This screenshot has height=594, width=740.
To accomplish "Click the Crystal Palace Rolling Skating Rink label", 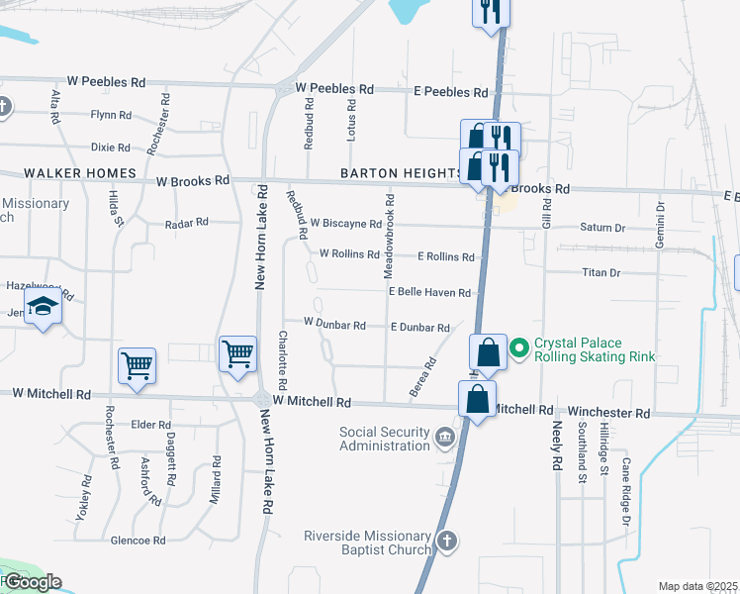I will tap(595, 350).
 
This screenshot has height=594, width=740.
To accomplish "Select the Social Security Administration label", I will tap(385, 439).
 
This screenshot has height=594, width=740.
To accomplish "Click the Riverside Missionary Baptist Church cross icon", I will tap(447, 541).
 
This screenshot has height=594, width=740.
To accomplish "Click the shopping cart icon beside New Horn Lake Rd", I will tap(237, 354).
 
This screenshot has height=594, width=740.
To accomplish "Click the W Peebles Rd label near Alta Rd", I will tap(106, 81).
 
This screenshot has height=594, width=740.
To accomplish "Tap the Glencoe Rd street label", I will tap(138, 541).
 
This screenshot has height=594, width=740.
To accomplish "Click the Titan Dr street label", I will tap(601, 272).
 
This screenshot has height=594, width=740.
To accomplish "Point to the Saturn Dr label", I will tap(602, 228).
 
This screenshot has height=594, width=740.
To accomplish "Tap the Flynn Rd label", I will tap(111, 115).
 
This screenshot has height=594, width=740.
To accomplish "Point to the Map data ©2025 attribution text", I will tap(697, 586).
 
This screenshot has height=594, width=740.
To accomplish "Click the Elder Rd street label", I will tap(151, 426).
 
